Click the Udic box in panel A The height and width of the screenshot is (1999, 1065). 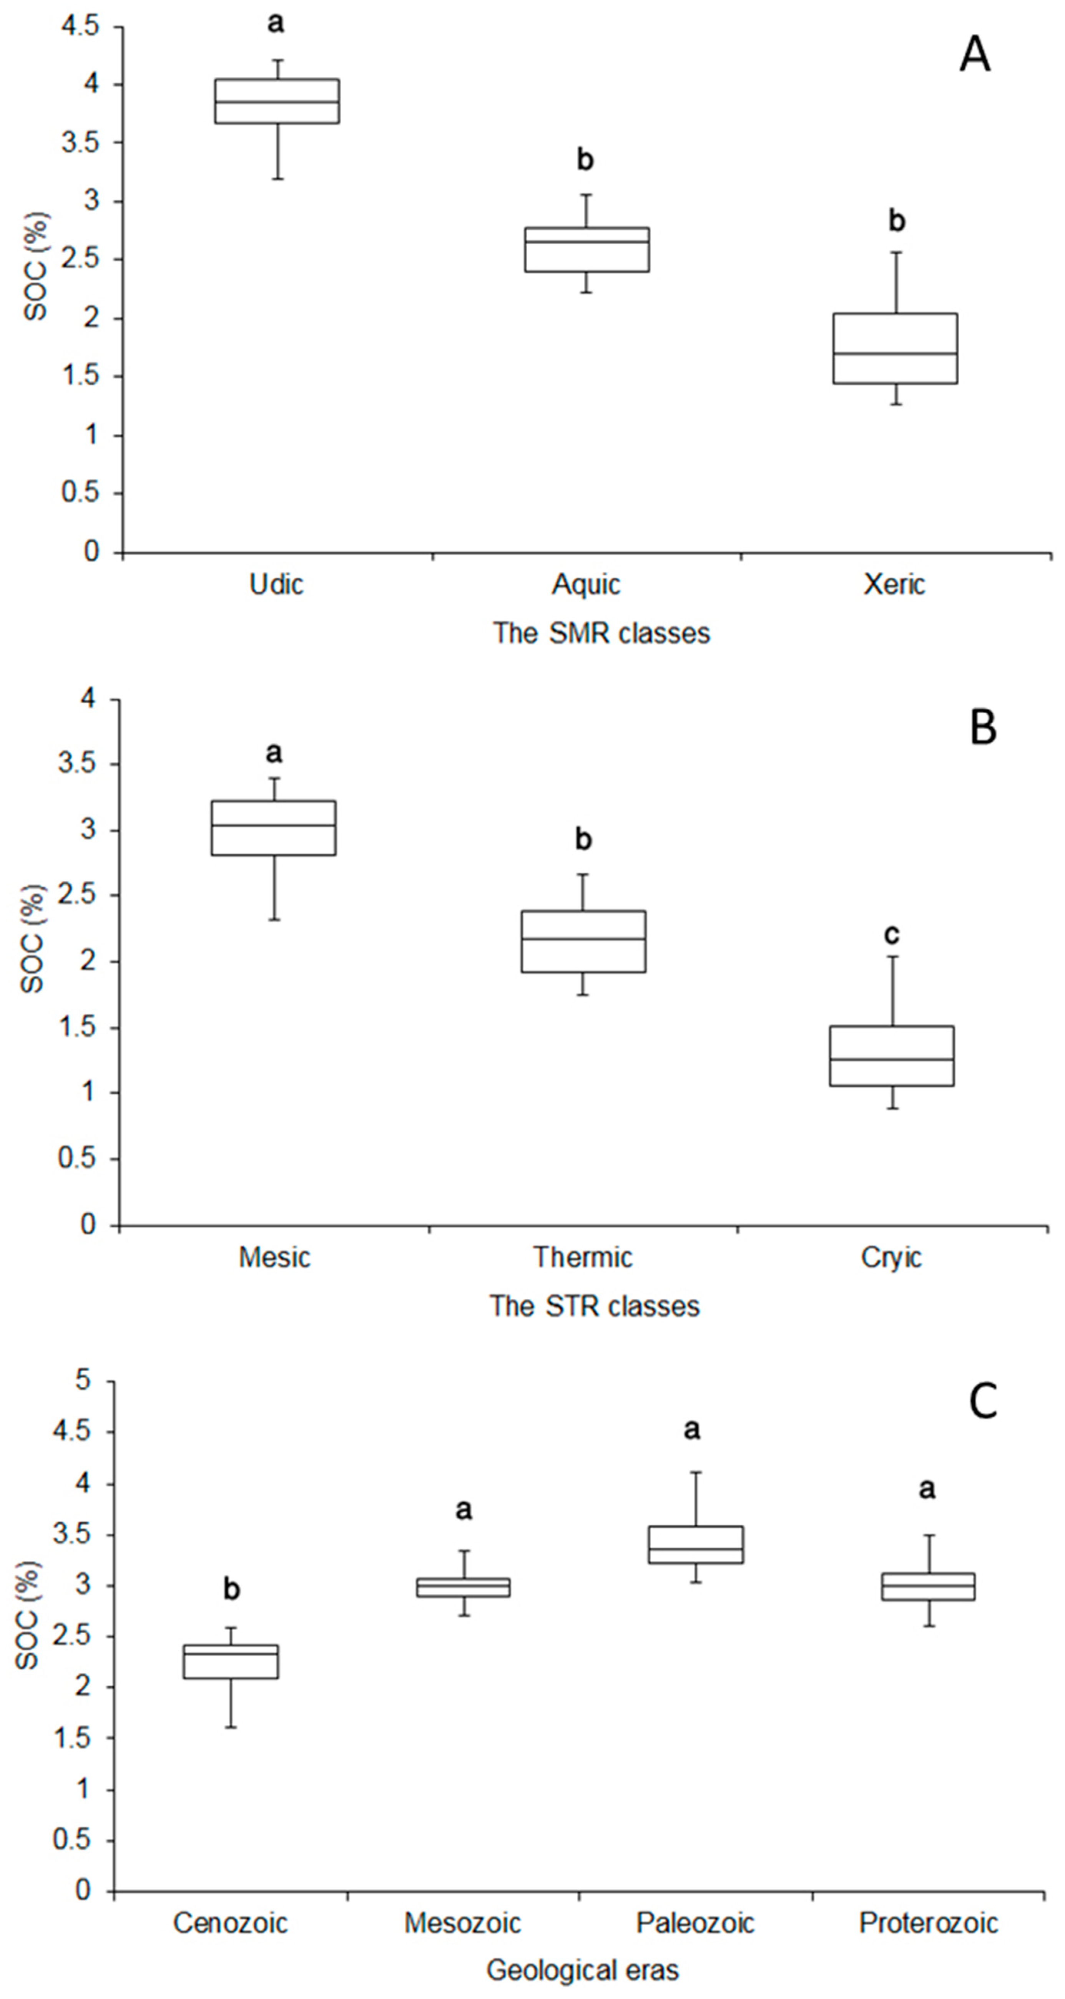click(x=276, y=101)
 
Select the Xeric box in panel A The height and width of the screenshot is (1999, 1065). click(x=895, y=348)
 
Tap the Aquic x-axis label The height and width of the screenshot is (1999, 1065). click(x=586, y=584)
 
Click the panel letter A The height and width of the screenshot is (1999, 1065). click(x=975, y=56)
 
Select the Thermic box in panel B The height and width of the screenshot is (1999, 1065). click(x=583, y=941)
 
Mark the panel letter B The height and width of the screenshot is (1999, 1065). click(x=983, y=728)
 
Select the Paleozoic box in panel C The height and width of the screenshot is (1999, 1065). click(x=696, y=1544)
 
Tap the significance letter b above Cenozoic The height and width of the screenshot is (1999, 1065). click(x=231, y=1590)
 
